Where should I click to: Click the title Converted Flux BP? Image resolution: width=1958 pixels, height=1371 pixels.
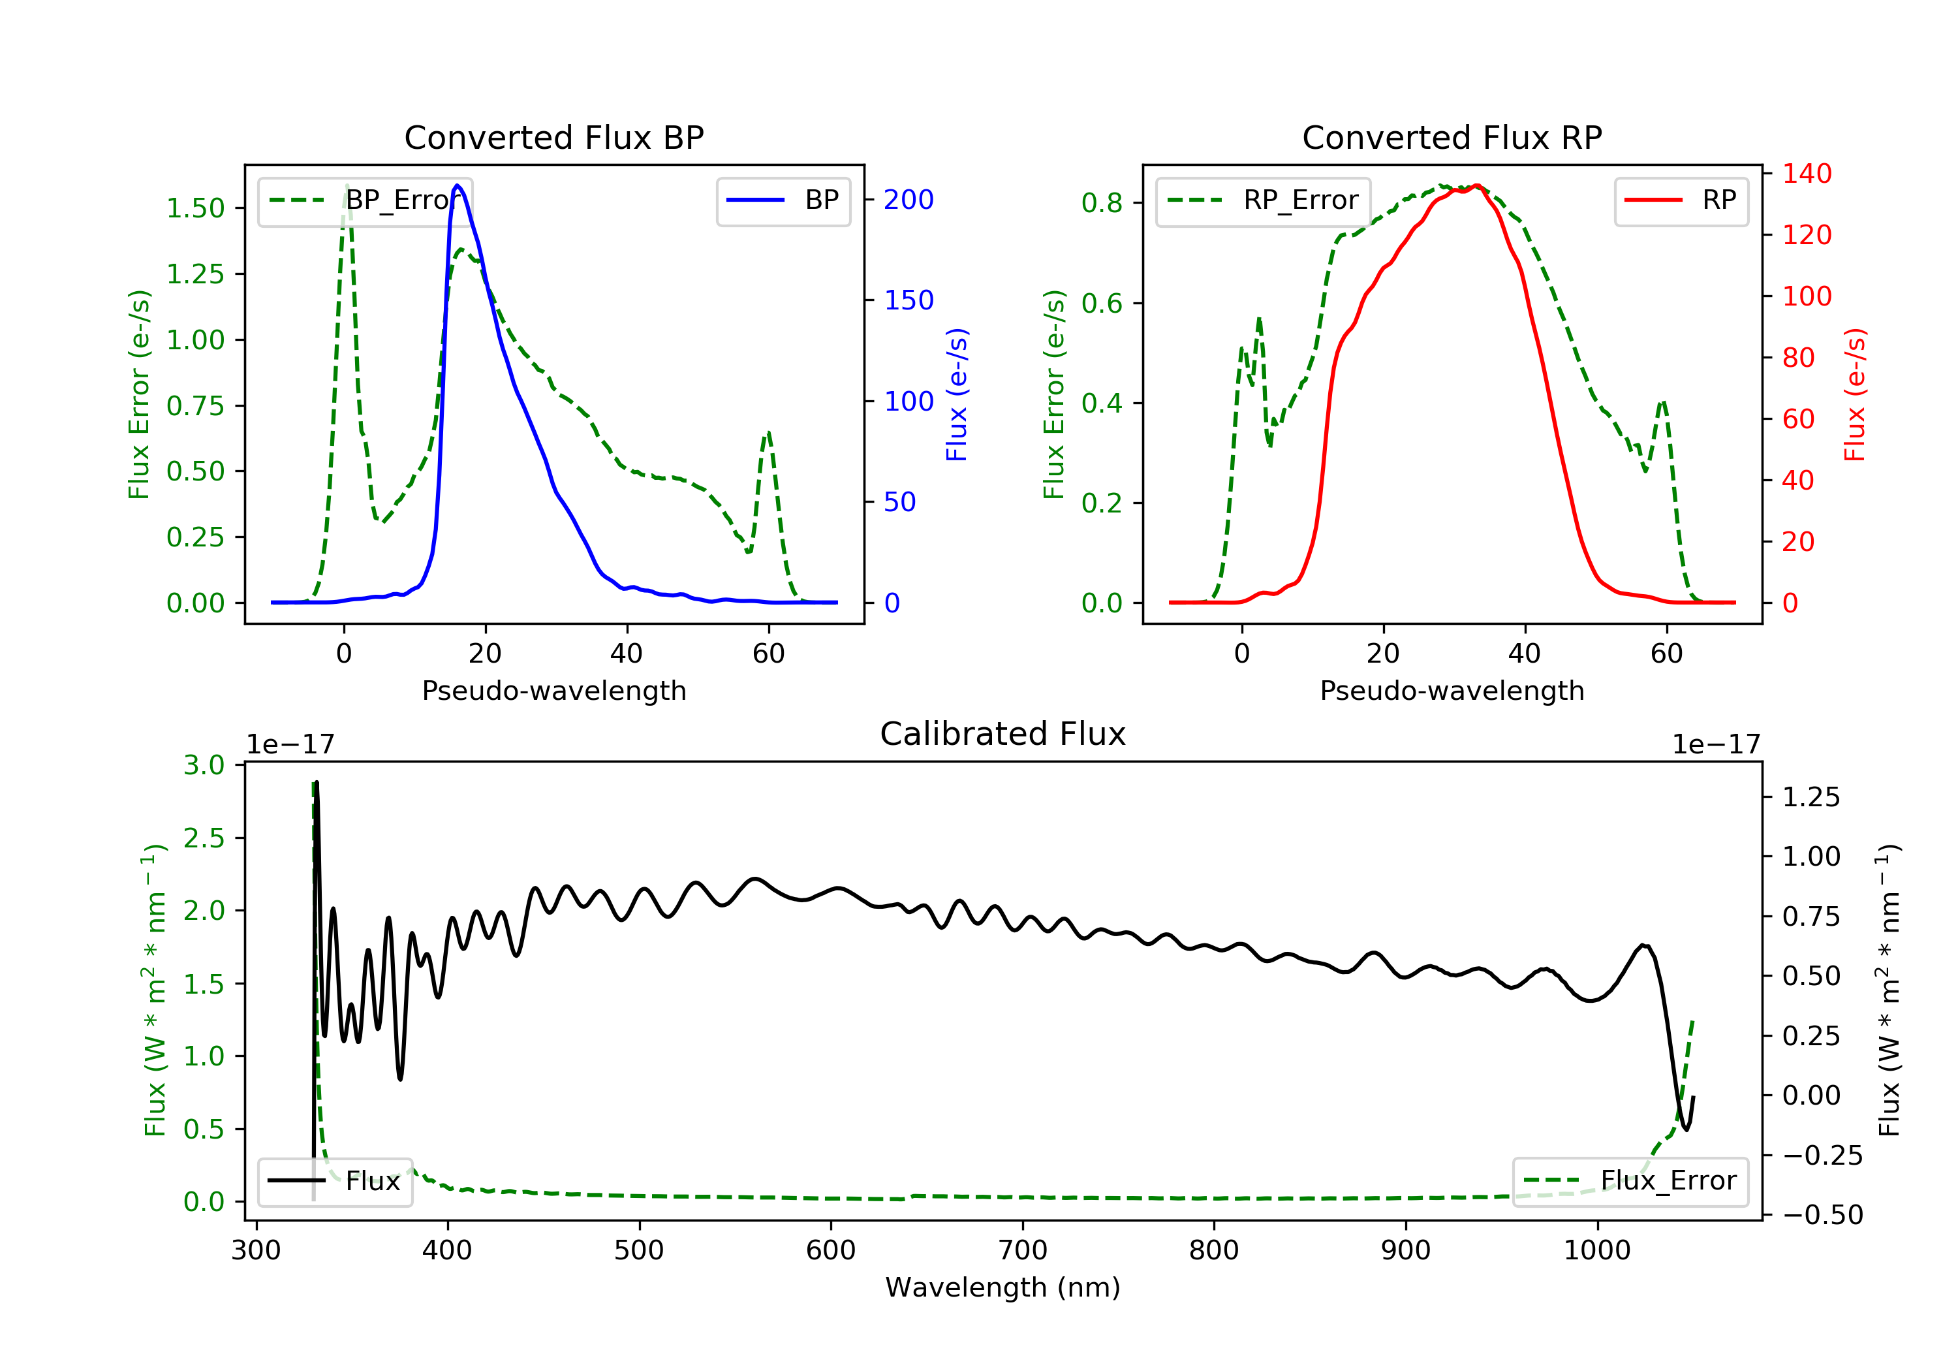coord(553,137)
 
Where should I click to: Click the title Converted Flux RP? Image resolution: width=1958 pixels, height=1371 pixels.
coord(1452,137)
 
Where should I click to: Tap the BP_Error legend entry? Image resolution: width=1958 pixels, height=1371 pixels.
coord(365,200)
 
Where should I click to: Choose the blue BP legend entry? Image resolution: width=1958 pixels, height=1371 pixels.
coord(783,200)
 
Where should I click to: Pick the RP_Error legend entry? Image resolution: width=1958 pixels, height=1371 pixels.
coord(1263,200)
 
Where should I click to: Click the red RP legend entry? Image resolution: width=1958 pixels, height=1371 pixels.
coord(1681,200)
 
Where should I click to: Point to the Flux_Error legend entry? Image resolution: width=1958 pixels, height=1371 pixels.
coord(1630,1181)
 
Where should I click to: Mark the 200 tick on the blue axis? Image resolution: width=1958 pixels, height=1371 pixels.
coord(909,200)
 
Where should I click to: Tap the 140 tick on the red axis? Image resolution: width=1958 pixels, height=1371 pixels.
coord(1806,174)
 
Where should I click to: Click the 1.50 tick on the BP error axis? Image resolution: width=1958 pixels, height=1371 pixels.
coord(195,208)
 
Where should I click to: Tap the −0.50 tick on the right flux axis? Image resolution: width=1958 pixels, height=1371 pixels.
coord(1822,1215)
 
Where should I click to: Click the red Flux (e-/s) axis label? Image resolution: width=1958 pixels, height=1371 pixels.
coord(1855,394)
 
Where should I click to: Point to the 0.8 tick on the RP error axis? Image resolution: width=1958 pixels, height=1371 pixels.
coord(1102,203)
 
